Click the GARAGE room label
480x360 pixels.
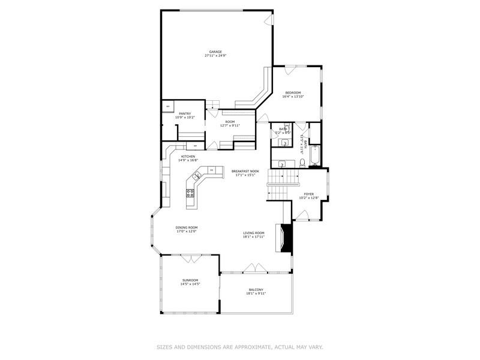click(x=215, y=52)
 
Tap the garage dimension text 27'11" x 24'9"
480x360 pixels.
click(x=215, y=56)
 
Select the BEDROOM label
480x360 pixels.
click(x=293, y=92)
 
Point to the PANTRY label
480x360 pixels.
click(x=184, y=113)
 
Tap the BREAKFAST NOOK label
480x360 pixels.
click(x=245, y=171)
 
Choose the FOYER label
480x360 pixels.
click(x=309, y=194)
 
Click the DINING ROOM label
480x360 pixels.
click(x=187, y=227)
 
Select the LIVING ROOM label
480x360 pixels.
click(x=254, y=233)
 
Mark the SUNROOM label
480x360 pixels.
click(x=190, y=280)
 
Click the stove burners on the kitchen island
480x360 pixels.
click(x=190, y=193)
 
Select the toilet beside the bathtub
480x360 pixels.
click(x=302, y=161)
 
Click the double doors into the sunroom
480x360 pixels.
click(x=191, y=259)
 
